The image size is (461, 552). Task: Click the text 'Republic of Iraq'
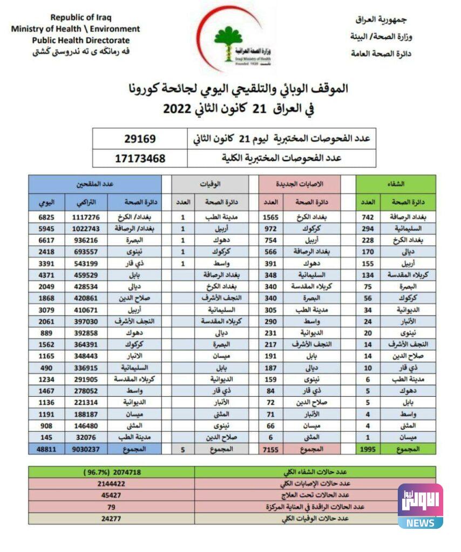(80, 17)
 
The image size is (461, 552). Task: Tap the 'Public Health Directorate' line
(80, 40)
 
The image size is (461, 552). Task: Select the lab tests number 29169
(140, 139)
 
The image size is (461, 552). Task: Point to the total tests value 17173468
(140, 158)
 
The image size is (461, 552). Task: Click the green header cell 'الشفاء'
(396, 184)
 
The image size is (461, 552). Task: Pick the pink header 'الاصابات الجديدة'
(300, 184)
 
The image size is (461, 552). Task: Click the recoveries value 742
(368, 217)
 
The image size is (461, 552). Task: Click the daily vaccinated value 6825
(46, 217)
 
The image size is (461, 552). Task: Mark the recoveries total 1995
(368, 448)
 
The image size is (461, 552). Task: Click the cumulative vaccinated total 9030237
(86, 448)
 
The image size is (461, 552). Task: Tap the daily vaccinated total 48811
(46, 448)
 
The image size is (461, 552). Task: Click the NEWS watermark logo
(421, 506)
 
